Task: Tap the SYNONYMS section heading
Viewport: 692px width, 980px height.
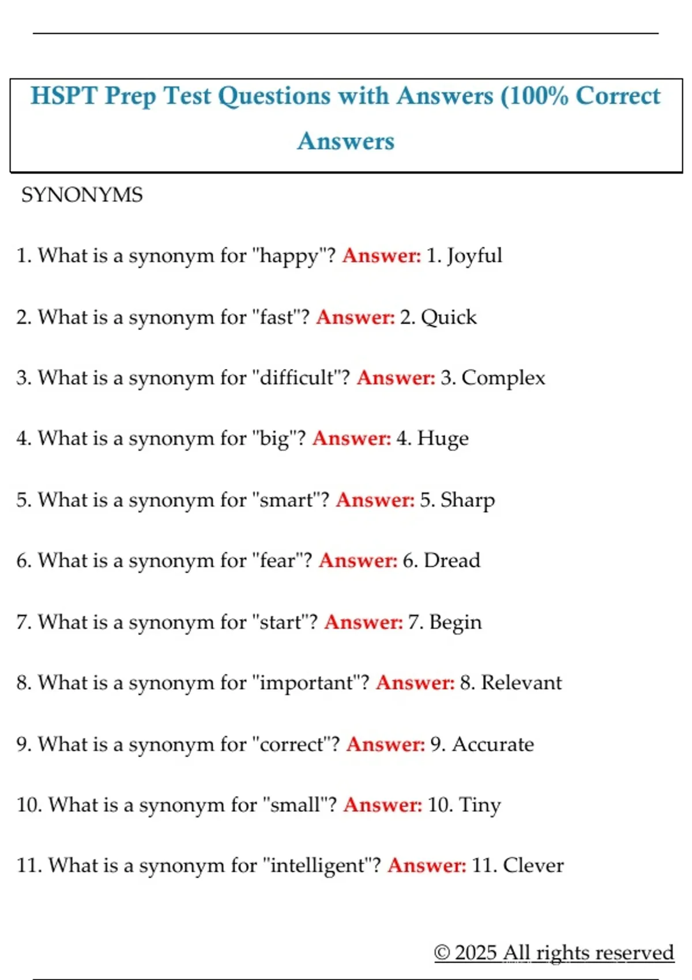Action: (x=82, y=195)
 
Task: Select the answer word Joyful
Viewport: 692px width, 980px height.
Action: (x=475, y=255)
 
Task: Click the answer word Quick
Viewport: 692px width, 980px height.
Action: (x=449, y=317)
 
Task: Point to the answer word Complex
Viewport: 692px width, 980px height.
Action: (x=503, y=378)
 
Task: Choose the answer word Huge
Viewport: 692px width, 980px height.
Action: (x=443, y=439)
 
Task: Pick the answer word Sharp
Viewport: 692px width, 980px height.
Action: (x=468, y=500)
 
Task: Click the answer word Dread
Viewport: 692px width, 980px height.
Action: (x=452, y=560)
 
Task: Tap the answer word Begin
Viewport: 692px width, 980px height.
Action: (x=456, y=623)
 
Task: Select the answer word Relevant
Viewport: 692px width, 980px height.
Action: (x=521, y=683)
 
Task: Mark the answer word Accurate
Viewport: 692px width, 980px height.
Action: (x=493, y=744)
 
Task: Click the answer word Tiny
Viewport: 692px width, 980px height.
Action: (x=480, y=805)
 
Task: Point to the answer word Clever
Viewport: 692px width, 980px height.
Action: (x=533, y=865)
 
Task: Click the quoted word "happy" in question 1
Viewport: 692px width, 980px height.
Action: (x=289, y=255)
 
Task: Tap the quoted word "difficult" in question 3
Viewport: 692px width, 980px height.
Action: (x=297, y=378)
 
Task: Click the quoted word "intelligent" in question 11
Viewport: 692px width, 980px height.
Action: (x=317, y=865)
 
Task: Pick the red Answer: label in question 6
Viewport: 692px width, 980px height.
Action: (x=358, y=560)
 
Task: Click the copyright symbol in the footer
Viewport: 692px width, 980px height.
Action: (x=442, y=952)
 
